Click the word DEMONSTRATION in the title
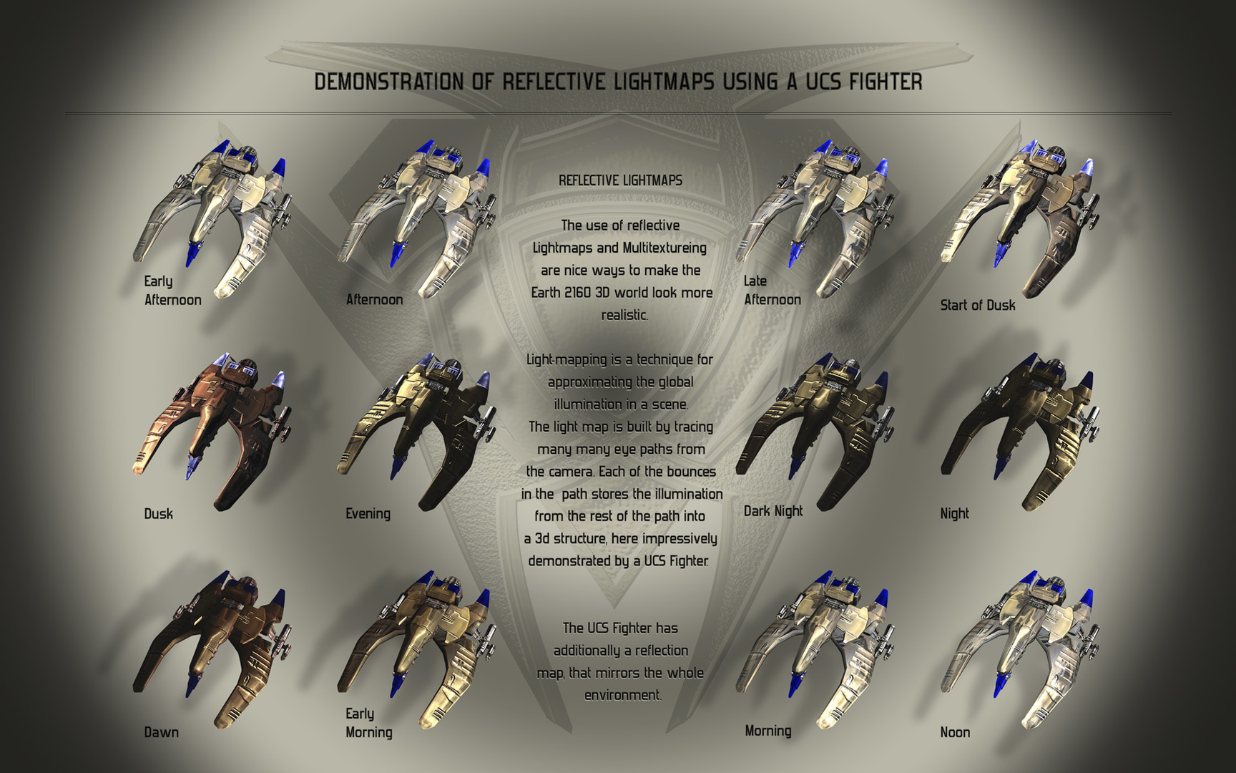(389, 82)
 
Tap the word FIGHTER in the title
(886, 82)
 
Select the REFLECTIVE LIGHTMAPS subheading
(620, 180)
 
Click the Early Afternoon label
(172, 291)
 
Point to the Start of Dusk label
(978, 305)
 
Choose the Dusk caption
(158, 513)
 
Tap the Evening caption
(368, 513)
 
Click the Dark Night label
(773, 511)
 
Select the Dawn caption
(161, 732)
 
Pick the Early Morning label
(369, 723)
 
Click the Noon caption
(955, 732)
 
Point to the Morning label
(768, 731)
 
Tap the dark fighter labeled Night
(1019, 429)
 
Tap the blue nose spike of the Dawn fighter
(191, 684)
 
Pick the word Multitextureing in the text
(664, 248)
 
